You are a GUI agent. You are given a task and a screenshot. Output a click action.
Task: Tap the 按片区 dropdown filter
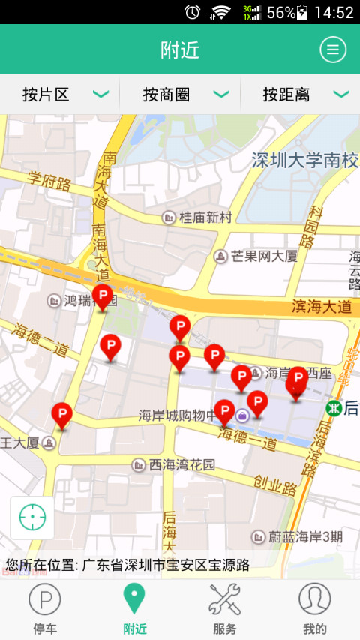[x=60, y=95]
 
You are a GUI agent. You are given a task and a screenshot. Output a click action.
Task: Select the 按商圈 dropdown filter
[x=180, y=95]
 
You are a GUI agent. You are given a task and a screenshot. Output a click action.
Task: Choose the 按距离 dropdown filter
[x=300, y=95]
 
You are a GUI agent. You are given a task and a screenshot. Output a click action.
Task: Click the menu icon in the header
[x=333, y=50]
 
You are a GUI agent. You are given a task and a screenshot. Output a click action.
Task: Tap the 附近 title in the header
[x=180, y=50]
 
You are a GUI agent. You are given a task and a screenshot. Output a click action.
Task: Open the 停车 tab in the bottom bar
[x=45, y=608]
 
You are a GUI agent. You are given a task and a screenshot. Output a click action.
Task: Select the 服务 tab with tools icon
[x=224, y=608]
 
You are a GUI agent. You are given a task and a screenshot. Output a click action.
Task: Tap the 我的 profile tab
[x=314, y=608]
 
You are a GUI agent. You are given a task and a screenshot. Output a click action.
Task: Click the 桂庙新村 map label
[x=205, y=218]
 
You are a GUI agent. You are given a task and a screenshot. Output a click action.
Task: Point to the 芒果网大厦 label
[x=263, y=257]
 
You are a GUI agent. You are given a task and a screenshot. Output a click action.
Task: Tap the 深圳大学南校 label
[x=305, y=160]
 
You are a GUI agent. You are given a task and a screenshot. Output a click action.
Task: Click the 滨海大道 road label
[x=322, y=306]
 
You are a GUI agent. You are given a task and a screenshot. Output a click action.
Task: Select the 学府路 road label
[x=49, y=181]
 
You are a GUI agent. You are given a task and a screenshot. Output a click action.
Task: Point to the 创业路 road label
[x=275, y=487]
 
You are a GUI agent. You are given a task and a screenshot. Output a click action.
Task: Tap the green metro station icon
[x=334, y=407]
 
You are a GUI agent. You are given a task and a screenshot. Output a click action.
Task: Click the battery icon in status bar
[x=302, y=12]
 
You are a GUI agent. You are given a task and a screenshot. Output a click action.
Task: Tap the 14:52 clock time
[x=334, y=12]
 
